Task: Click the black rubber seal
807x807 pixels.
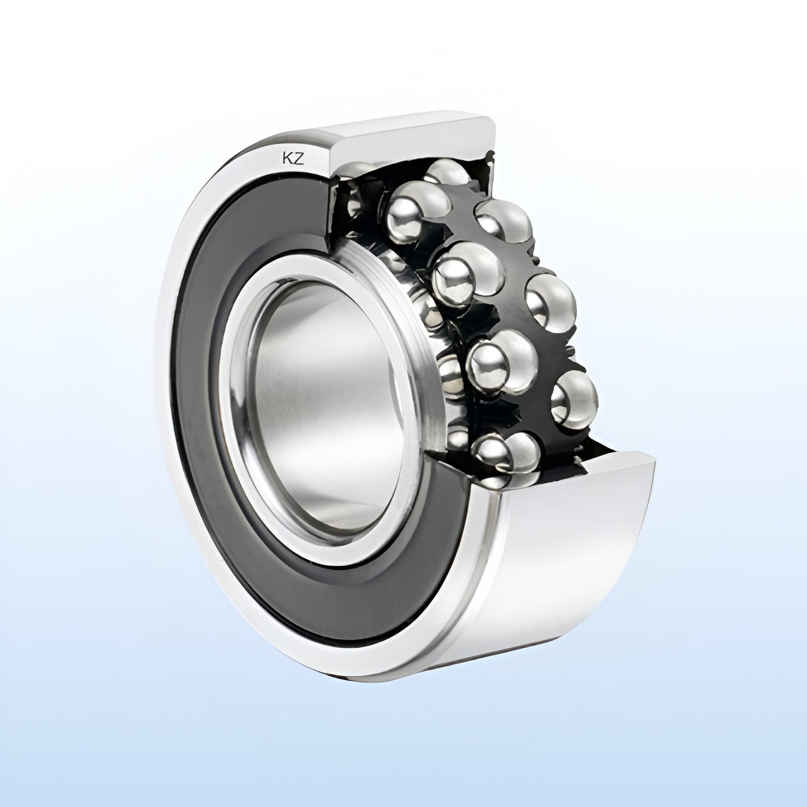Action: click(x=212, y=282)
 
